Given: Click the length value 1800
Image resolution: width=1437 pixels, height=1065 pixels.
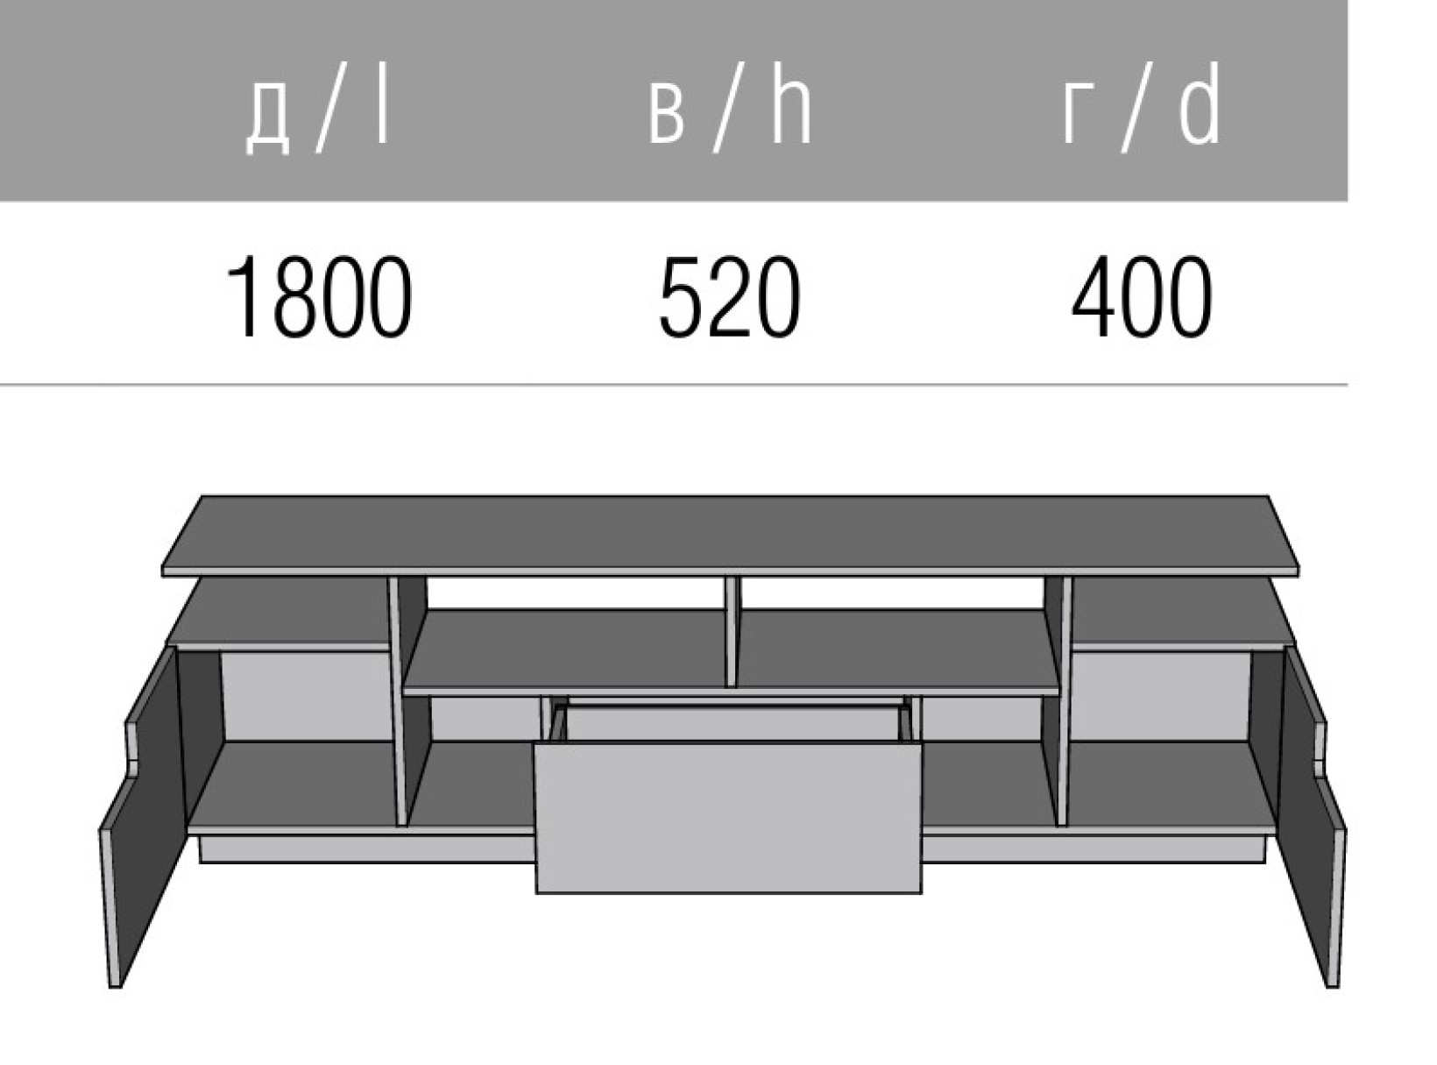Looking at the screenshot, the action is (319, 297).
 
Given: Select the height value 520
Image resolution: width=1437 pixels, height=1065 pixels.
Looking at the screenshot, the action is (730, 297).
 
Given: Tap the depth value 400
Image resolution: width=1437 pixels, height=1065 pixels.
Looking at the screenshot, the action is (1142, 297).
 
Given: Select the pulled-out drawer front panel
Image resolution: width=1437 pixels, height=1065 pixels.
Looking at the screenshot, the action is (728, 818).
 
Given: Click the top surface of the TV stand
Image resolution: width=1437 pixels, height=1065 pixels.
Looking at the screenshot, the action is (730, 535).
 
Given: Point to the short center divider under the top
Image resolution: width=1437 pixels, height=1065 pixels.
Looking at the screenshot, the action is (732, 631).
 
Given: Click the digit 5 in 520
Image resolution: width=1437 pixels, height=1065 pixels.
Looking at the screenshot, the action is (681, 297).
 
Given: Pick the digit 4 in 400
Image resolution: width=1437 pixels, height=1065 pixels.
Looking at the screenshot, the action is (1094, 297).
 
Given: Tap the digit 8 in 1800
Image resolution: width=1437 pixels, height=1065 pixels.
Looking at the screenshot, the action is (297, 297).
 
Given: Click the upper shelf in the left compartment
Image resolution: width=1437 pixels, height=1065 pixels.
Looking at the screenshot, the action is (280, 614).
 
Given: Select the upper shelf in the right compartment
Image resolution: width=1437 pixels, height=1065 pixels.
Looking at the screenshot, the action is (1179, 614).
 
